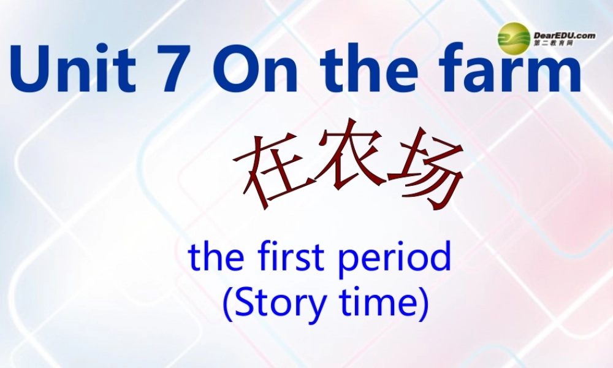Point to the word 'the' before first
pyautogui.click(x=215, y=258)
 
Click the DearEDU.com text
pyautogui.click(x=564, y=36)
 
